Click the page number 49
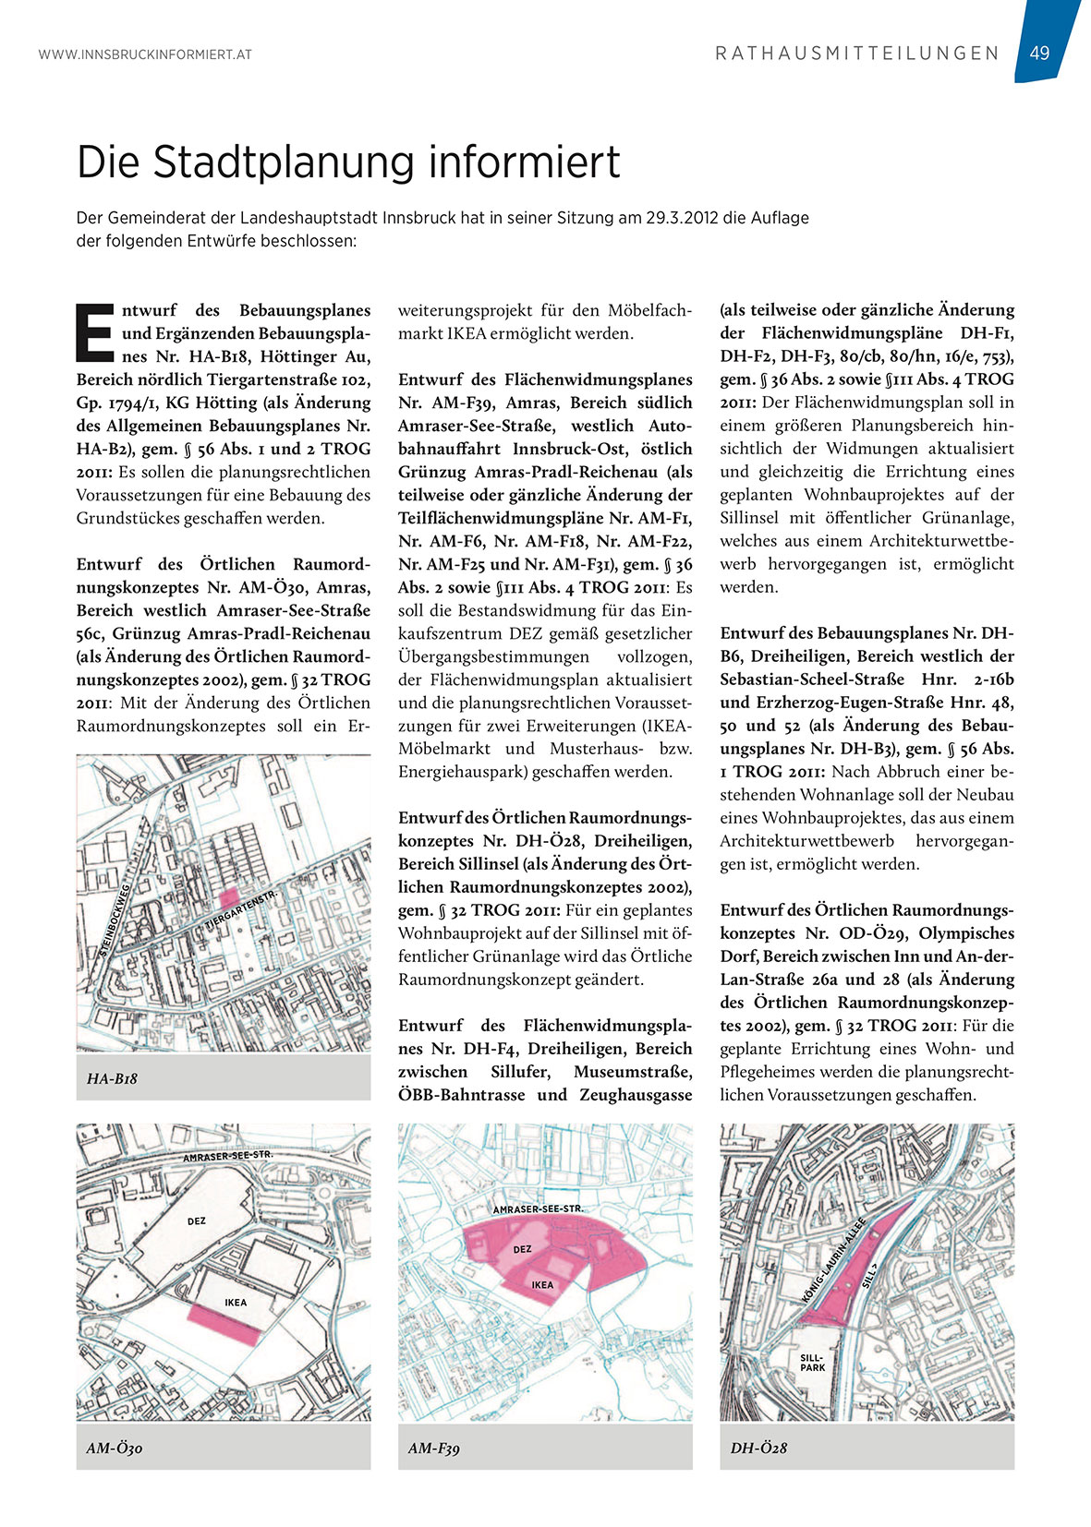(x=1039, y=53)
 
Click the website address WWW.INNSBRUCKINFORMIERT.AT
(x=145, y=54)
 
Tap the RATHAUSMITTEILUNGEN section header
(x=857, y=54)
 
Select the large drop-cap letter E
(x=94, y=329)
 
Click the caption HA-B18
(x=112, y=1077)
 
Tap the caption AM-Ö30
(x=114, y=1448)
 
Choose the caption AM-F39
(x=434, y=1448)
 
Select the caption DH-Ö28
(x=758, y=1448)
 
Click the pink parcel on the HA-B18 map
(x=228, y=896)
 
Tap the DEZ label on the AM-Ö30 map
(x=197, y=1221)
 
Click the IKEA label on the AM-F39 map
(x=542, y=1285)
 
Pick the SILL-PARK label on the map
(x=812, y=1363)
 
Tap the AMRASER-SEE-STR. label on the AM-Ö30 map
(x=227, y=1156)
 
